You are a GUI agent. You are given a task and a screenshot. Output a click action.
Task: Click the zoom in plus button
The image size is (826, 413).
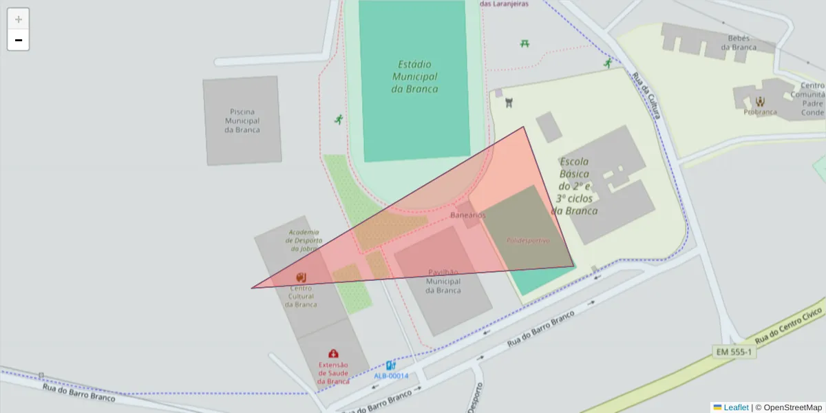tap(19, 19)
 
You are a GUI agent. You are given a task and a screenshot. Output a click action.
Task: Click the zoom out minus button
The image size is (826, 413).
tap(19, 41)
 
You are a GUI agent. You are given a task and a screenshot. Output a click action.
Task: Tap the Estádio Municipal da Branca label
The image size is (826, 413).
tap(414, 76)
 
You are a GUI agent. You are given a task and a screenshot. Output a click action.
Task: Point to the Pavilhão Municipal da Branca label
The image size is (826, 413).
tap(443, 281)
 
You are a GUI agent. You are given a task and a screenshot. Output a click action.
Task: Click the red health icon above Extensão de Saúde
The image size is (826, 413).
tap(334, 353)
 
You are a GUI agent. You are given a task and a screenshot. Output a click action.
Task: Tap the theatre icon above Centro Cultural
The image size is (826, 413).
tap(301, 277)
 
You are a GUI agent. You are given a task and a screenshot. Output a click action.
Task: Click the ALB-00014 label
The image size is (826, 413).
tap(391, 376)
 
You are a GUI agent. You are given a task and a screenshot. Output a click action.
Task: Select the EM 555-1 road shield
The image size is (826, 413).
tap(734, 352)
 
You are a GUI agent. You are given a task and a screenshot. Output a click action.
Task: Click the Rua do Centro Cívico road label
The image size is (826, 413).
tap(788, 327)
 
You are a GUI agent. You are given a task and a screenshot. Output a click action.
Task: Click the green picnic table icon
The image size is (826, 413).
tap(525, 43)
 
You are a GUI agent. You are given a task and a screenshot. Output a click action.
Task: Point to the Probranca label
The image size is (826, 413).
tap(760, 112)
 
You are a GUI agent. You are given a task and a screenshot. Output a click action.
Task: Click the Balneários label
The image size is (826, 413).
tap(468, 215)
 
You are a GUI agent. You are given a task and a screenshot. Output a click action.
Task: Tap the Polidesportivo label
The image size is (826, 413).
tap(528, 241)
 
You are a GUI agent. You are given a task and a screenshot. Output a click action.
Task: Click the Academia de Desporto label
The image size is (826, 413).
tap(305, 240)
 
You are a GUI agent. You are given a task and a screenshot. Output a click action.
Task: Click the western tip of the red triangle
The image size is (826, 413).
tap(253, 288)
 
